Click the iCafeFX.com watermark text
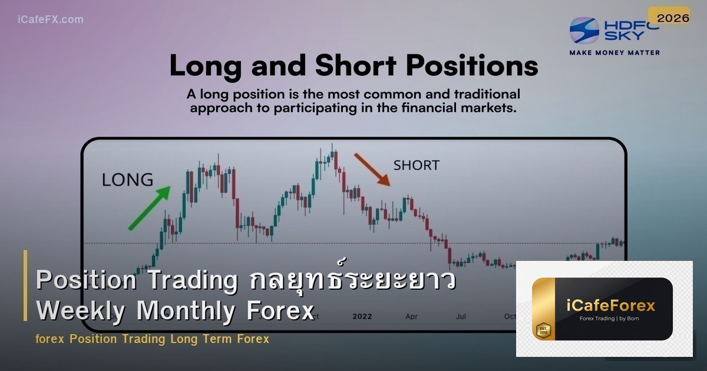(50, 19)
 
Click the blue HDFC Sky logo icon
(584, 30)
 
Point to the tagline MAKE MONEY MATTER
(615, 52)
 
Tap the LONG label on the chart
(127, 180)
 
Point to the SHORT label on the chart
(416, 165)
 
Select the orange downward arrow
(371, 169)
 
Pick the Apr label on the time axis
(412, 316)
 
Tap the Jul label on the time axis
(461, 316)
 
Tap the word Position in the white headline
(80, 281)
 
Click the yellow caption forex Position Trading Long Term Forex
(152, 339)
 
